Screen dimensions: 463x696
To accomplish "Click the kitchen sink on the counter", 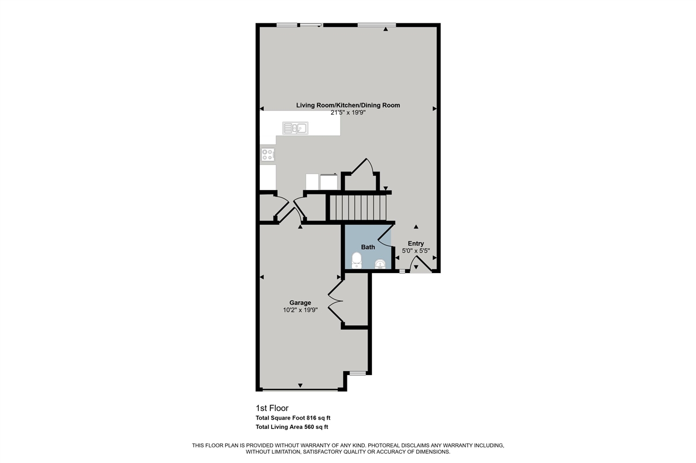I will [x=295, y=128].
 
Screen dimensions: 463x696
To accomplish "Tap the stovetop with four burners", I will [x=268, y=154].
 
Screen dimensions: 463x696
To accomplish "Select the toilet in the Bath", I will [x=357, y=260].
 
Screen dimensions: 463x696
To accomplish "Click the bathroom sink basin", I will [x=381, y=264].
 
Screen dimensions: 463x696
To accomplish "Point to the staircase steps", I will [x=358, y=207].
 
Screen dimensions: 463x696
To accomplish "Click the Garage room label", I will [x=300, y=303].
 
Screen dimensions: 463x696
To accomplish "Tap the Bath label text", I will [x=368, y=247].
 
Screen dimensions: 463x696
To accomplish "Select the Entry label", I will [x=416, y=244].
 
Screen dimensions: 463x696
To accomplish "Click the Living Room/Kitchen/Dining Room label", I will [x=348, y=105].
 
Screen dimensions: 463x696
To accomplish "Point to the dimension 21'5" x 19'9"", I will [x=348, y=113].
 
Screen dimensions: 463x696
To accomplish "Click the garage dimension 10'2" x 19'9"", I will [x=300, y=310].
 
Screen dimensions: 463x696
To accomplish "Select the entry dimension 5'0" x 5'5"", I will [x=416, y=251].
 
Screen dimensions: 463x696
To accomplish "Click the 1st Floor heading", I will [x=272, y=408].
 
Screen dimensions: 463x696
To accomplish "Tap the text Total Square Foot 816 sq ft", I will [x=293, y=418].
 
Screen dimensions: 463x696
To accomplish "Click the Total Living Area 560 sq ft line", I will [x=292, y=427].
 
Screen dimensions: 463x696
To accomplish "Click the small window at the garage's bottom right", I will [x=357, y=373].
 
